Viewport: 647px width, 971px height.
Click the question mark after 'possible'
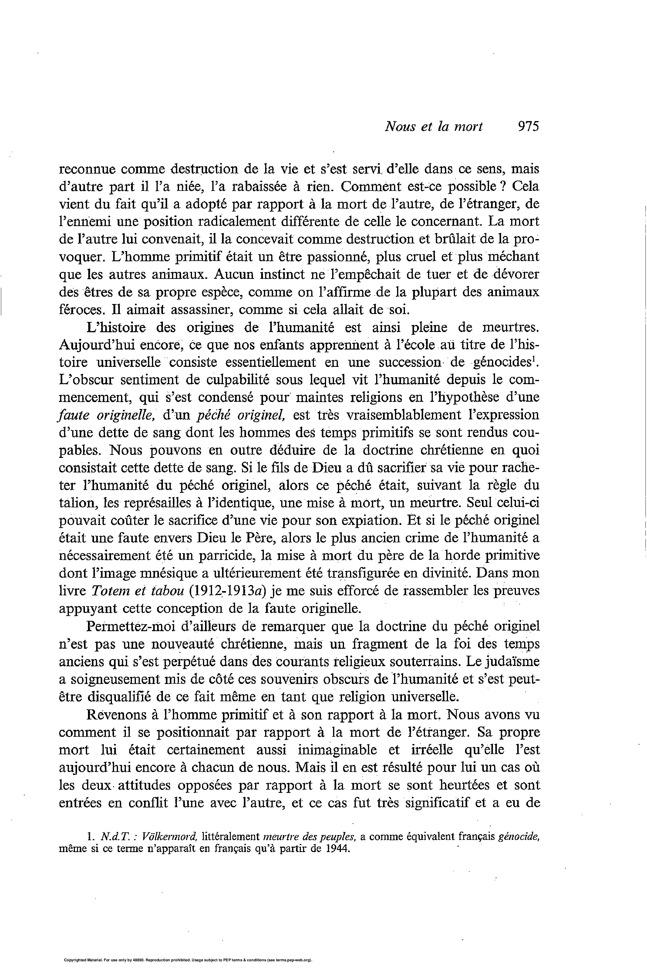(x=503, y=187)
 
